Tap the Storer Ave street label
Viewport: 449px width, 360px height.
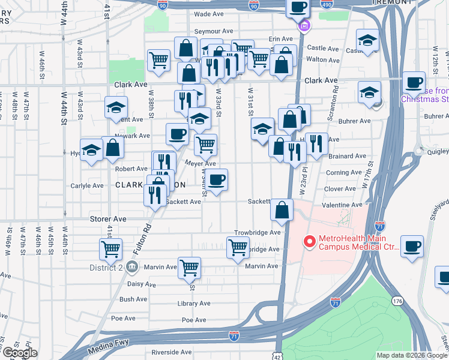click(108, 220)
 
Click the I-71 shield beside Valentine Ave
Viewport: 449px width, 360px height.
click(379, 227)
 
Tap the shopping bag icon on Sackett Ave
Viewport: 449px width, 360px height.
click(282, 209)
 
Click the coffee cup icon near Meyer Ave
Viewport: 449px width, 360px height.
click(217, 178)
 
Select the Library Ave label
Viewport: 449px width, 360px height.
click(193, 304)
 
